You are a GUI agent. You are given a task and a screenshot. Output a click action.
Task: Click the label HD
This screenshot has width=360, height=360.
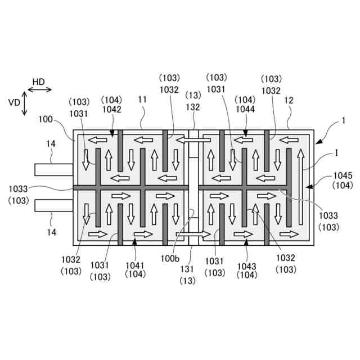tap(38, 82)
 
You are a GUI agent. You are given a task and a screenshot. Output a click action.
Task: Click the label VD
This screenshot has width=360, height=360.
tap(15, 102)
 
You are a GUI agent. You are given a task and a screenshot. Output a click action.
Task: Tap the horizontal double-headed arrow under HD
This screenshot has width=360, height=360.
tap(39, 89)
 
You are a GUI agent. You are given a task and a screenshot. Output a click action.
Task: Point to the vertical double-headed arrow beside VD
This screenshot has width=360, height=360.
tap(25, 103)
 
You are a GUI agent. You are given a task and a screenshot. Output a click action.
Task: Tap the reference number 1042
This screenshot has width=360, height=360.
tap(111, 110)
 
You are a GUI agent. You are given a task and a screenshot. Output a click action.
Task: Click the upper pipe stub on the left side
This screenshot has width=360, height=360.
tap(53, 169)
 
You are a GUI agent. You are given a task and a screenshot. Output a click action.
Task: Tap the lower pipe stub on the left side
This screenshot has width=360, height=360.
tap(53, 205)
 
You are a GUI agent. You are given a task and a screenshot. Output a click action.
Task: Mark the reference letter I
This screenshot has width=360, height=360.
tap(336, 152)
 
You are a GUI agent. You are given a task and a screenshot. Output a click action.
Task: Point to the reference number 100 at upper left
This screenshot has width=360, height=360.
tap(46, 119)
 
